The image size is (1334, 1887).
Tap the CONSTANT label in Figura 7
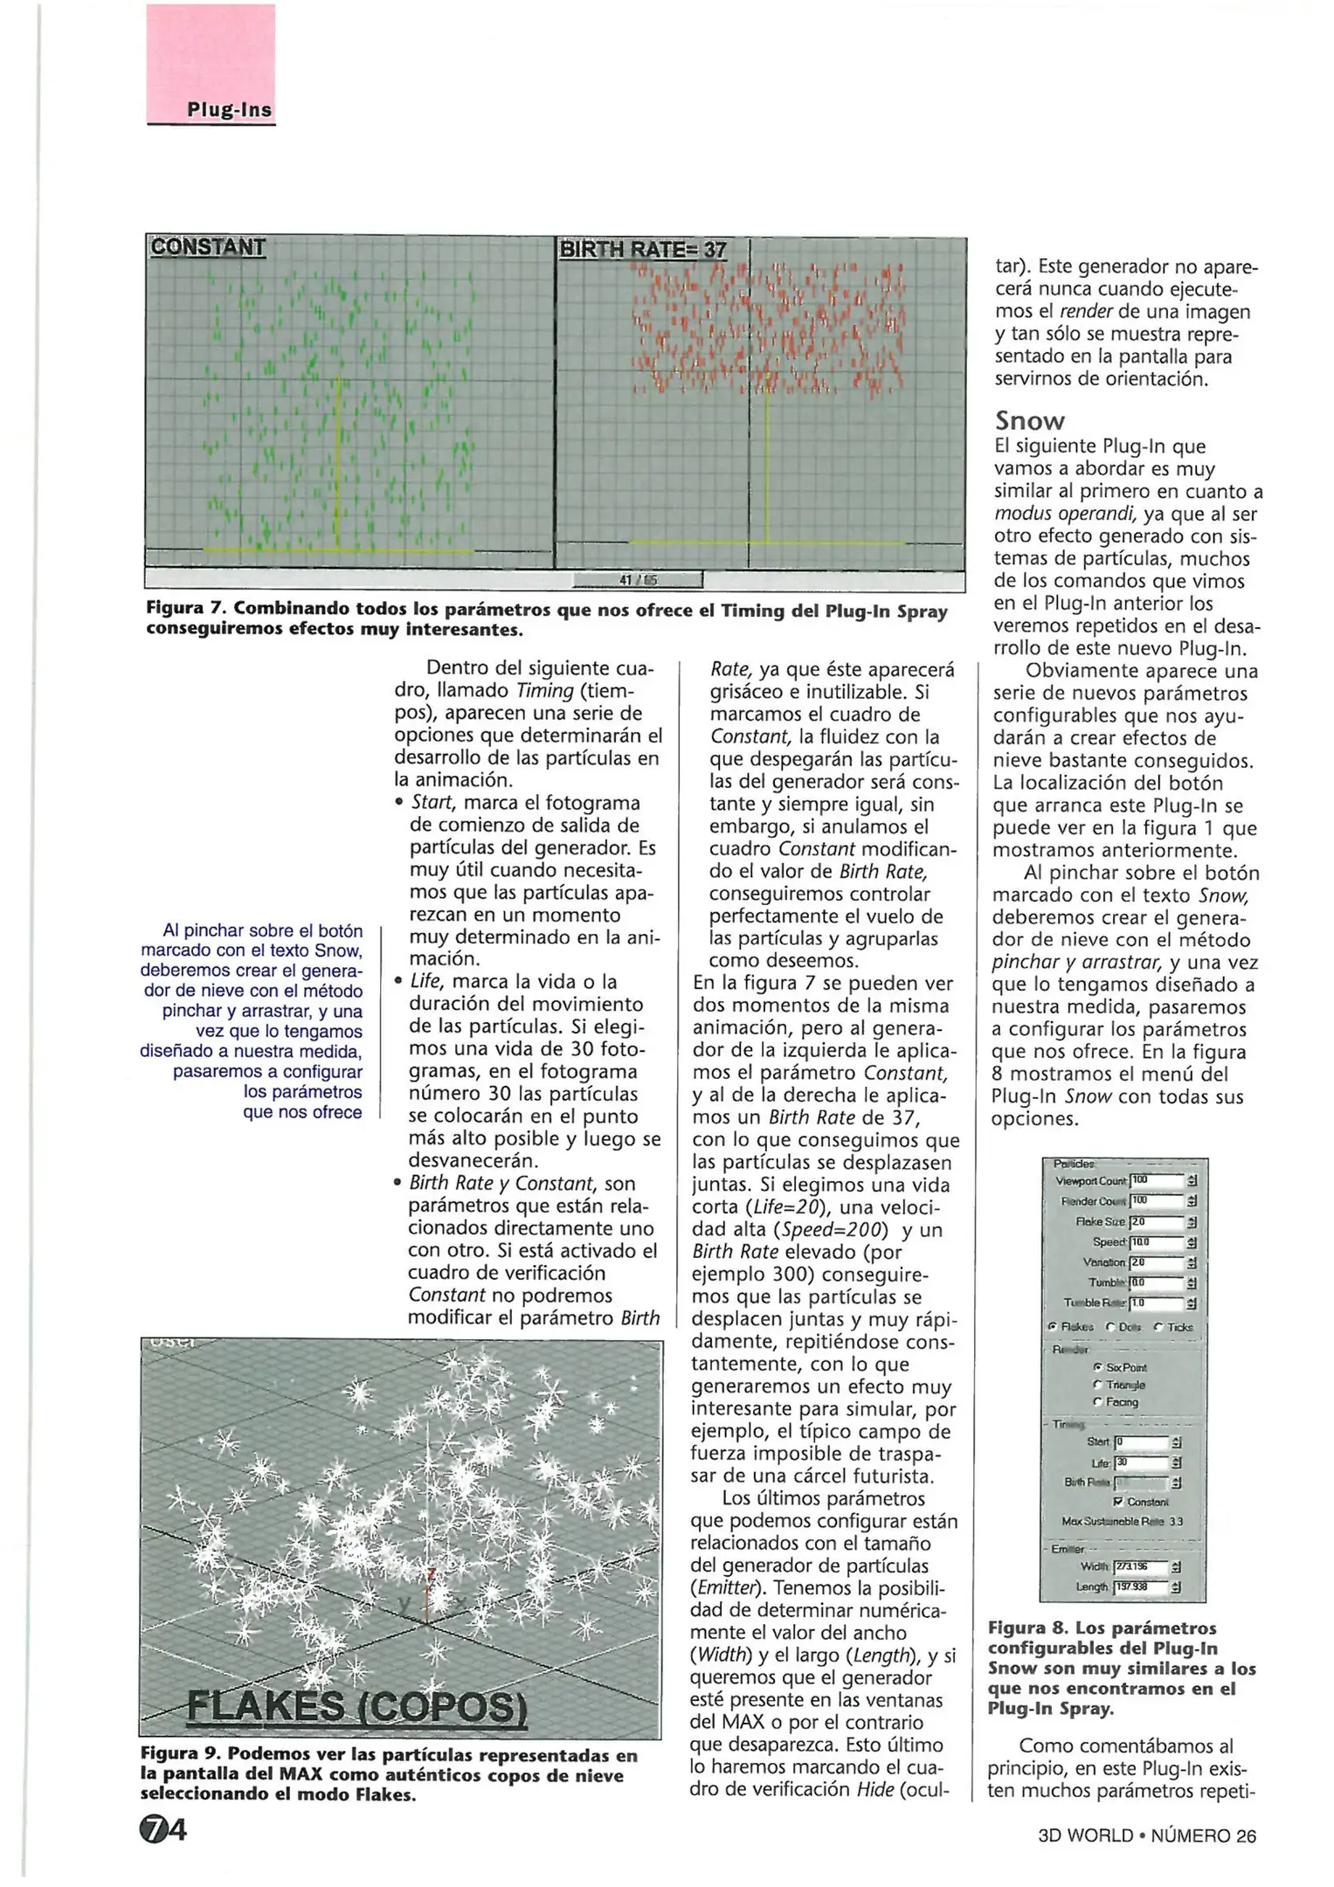pyautogui.click(x=208, y=247)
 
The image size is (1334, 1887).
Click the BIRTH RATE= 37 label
pyautogui.click(x=642, y=249)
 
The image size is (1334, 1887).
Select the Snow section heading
pyautogui.click(x=1029, y=422)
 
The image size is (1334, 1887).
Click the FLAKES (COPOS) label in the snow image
pyautogui.click(x=357, y=1707)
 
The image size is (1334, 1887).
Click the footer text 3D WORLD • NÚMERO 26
pyautogui.click(x=1146, y=1835)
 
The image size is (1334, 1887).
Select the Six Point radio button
pyautogui.click(x=1098, y=1367)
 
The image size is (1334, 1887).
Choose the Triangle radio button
pyautogui.click(x=1098, y=1385)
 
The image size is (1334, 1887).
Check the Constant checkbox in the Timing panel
pyautogui.click(x=1118, y=1502)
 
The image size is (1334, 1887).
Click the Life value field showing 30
pyautogui.click(x=1141, y=1462)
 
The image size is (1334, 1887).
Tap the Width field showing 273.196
pyautogui.click(x=1140, y=1567)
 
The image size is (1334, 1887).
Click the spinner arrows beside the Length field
pyautogui.click(x=1176, y=1587)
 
